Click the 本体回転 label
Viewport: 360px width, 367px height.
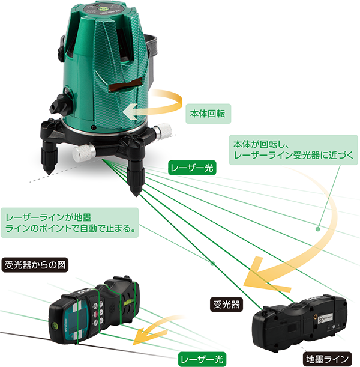208,114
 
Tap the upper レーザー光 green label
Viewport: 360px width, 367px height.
192,168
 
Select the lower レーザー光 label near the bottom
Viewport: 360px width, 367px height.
202,359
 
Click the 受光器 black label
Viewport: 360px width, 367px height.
226,305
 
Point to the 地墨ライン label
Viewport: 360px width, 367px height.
327,359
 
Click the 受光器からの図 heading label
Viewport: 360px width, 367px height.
35,265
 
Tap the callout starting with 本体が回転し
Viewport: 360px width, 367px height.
293,150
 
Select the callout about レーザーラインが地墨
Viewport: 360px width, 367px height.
70,223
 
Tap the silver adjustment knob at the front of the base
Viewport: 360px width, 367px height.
83,153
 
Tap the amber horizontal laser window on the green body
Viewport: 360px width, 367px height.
125,85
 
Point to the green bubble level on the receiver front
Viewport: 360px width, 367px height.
55,324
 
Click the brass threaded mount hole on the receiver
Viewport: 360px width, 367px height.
316,316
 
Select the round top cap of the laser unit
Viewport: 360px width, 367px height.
108,9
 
